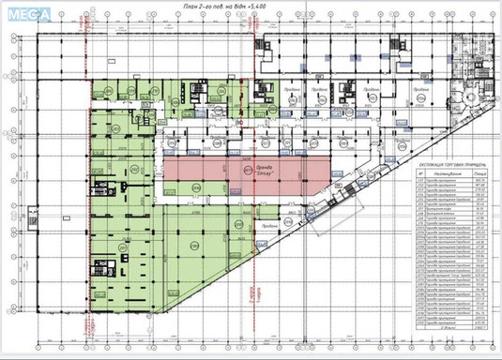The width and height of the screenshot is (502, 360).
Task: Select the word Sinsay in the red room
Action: point(253,175)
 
